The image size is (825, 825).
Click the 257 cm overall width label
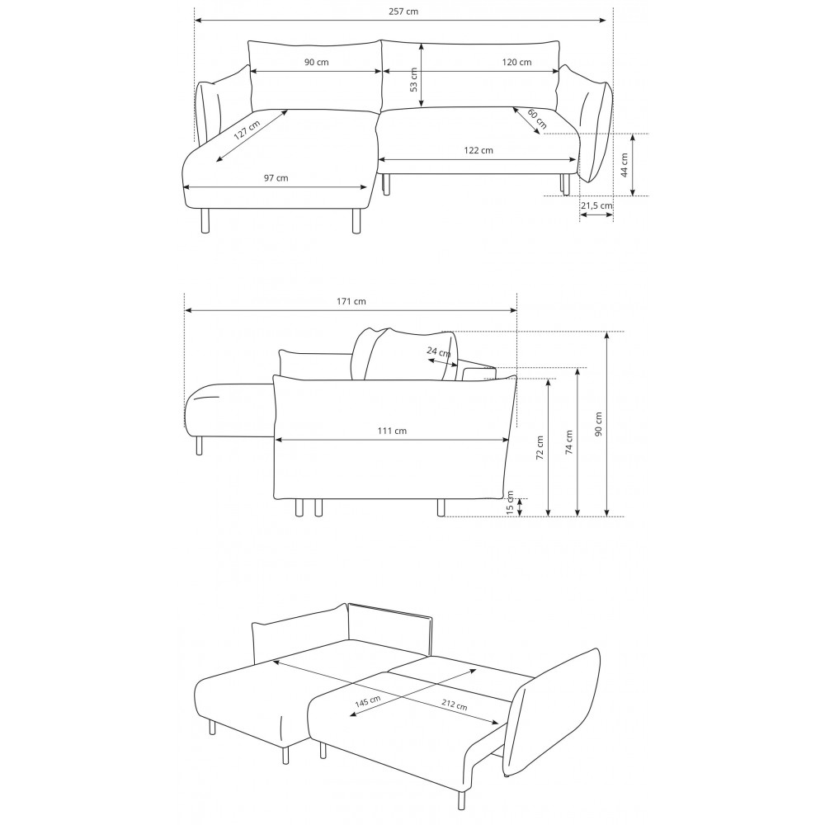403,12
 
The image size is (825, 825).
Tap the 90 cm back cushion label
316,62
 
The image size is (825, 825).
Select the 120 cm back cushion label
516,62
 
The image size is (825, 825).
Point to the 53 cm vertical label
413,79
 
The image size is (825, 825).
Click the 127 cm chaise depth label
247,130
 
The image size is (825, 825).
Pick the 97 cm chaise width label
276,178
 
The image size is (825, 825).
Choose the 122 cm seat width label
478,150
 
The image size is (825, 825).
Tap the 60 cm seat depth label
537,118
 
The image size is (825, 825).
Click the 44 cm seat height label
625,165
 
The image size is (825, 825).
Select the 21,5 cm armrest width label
596,205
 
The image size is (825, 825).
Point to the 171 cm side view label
351,301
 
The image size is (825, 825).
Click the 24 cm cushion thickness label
439,351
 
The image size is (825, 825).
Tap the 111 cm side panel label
393,431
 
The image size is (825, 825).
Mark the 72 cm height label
540,448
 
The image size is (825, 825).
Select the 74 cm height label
568,442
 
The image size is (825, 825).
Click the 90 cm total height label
598,423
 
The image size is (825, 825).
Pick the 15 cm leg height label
509,502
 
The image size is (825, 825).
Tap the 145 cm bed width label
368,700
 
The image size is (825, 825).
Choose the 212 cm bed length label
454,705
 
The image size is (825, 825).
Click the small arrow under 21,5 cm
596,215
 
